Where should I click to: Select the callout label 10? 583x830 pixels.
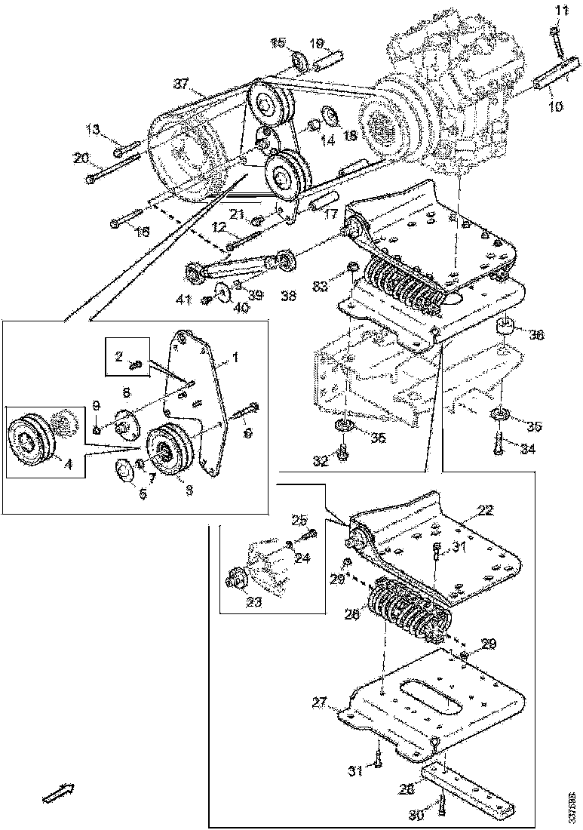point(555,107)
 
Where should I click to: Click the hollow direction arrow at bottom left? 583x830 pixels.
point(57,792)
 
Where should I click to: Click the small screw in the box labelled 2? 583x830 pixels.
point(137,365)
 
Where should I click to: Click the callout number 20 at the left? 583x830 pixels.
point(81,158)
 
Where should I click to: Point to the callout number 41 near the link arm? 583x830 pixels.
point(184,300)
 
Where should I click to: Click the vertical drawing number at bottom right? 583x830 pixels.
point(572,805)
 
